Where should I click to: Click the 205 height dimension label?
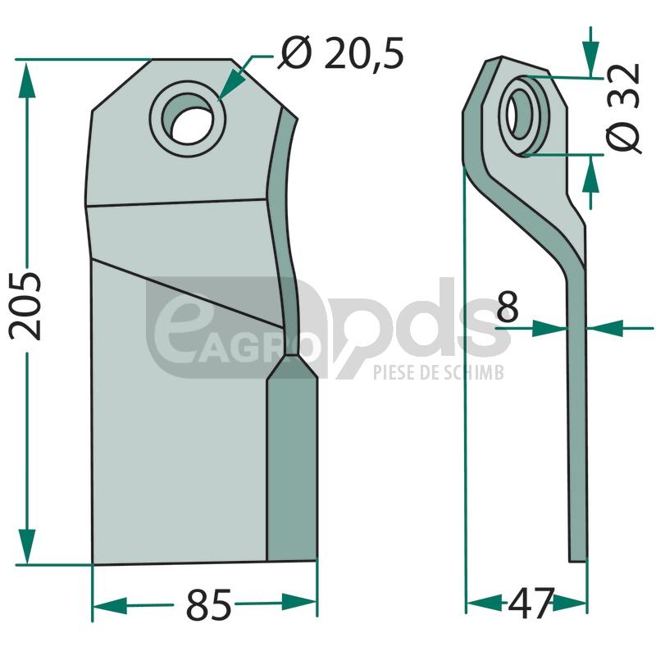26,306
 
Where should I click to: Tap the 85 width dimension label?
208,604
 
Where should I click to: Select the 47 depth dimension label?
531,603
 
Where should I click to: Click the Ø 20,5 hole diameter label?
342,53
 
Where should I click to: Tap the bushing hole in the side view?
517,113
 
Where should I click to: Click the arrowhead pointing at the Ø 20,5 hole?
232,85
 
